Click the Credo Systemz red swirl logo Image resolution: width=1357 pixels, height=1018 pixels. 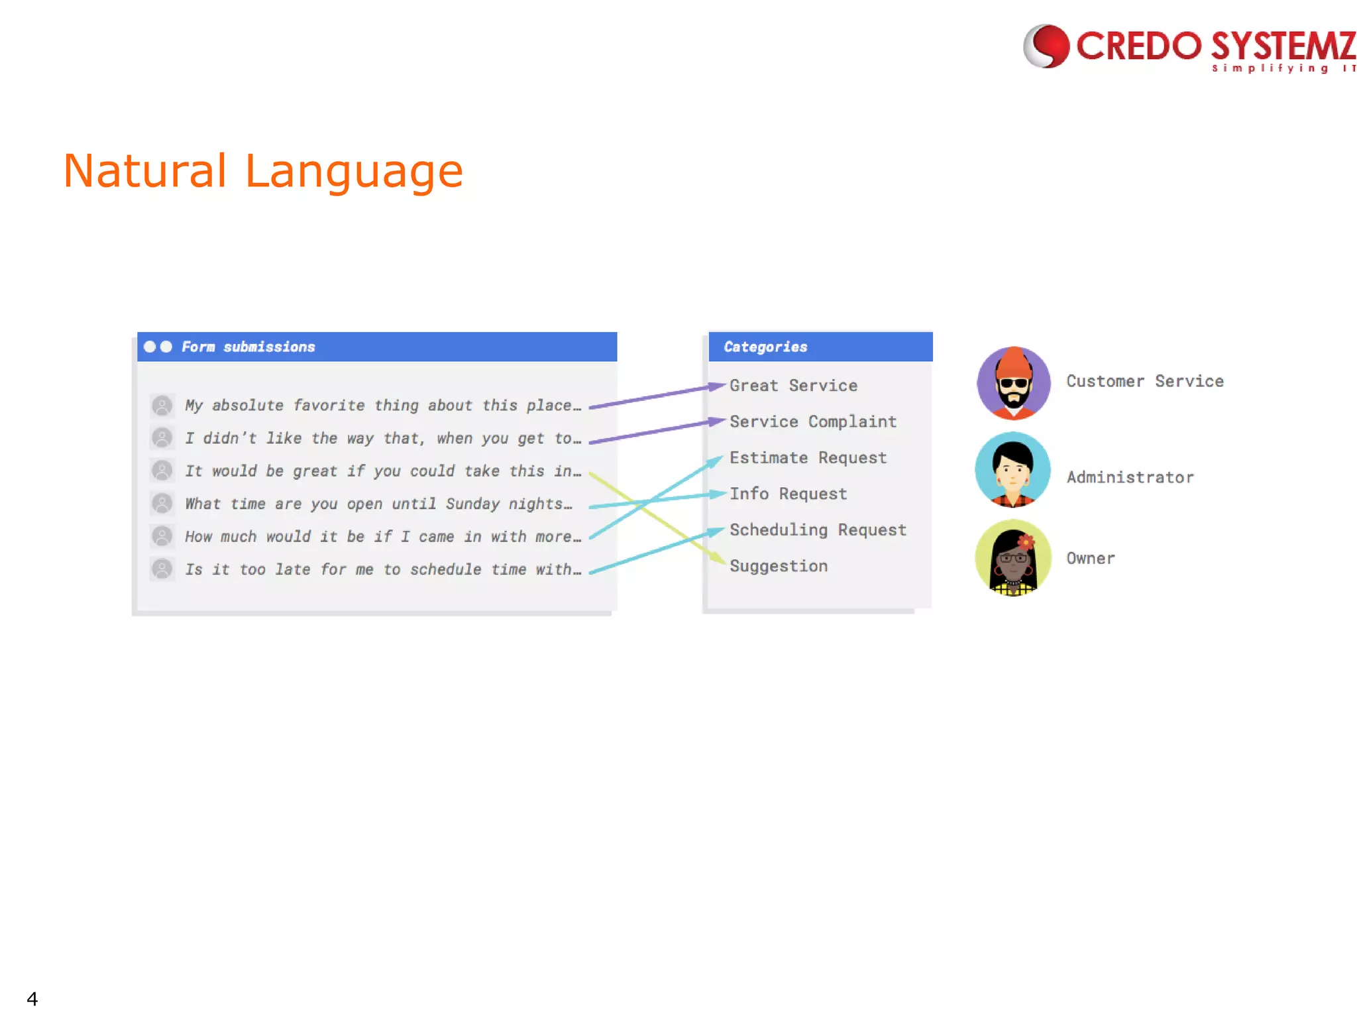[x=1046, y=46]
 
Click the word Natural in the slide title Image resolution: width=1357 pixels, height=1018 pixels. [x=145, y=171]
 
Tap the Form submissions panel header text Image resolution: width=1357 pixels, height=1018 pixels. [x=248, y=347]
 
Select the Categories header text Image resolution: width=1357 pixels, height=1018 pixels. [x=765, y=347]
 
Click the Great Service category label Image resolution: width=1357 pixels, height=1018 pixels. [x=793, y=386]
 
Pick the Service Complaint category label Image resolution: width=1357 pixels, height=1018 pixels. [x=813, y=422]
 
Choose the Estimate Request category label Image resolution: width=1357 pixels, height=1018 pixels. [x=808, y=458]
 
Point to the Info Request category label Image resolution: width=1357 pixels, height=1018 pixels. [x=788, y=494]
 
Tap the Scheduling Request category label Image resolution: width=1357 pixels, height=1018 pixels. [x=818, y=530]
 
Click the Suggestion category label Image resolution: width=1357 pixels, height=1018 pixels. [x=779, y=566]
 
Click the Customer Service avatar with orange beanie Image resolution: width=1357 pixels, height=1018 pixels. [x=1014, y=383]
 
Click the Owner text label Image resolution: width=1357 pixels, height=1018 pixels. [x=1090, y=559]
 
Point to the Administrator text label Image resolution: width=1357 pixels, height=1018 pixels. [x=1130, y=477]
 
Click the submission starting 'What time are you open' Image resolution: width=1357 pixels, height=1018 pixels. [x=378, y=504]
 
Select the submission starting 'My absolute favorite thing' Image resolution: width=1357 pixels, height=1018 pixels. [x=382, y=406]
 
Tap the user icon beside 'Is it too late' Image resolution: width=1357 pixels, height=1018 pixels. [x=162, y=569]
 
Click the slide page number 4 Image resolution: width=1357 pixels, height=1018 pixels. [x=32, y=998]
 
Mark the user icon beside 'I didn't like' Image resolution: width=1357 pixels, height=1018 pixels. [x=162, y=437]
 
